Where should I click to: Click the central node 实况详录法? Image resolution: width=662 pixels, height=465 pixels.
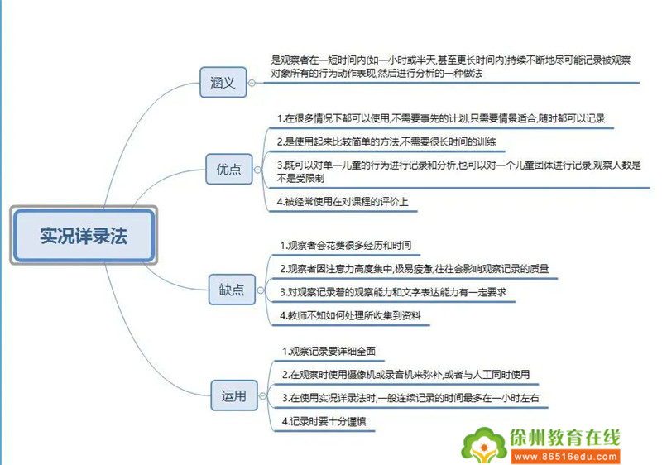pyautogui.click(x=84, y=236)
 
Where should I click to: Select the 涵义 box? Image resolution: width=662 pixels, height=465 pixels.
pyautogui.click(x=223, y=82)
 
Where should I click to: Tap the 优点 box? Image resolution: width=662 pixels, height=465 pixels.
pyautogui.click(x=229, y=170)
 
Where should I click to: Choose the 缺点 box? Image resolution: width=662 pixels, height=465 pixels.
pyautogui.click(x=232, y=290)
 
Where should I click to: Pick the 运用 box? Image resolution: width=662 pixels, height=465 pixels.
pyautogui.click(x=234, y=395)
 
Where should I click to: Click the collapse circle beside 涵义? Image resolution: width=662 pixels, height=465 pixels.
pyautogui.click(x=252, y=83)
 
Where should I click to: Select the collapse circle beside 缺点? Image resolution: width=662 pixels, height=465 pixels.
pyautogui.click(x=261, y=290)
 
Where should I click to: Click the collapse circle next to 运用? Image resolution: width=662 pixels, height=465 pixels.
pyautogui.click(x=262, y=395)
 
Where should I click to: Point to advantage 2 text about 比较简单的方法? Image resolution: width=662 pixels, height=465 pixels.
pyautogui.click(x=386, y=141)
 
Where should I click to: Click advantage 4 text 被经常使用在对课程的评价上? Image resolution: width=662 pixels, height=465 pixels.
pyautogui.click(x=343, y=202)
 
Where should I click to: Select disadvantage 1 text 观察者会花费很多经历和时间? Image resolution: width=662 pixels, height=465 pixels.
pyautogui.click(x=345, y=245)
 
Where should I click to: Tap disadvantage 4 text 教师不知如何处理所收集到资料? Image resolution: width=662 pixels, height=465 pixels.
pyautogui.click(x=350, y=315)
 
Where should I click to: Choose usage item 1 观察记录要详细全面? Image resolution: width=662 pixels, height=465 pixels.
pyautogui.click(x=329, y=351)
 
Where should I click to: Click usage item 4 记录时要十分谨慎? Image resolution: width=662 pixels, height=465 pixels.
pyautogui.click(x=324, y=421)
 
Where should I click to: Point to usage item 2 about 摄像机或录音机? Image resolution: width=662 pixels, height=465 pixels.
pyautogui.click(x=405, y=374)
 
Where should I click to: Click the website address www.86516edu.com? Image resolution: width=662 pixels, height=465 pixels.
pyautogui.click(x=566, y=457)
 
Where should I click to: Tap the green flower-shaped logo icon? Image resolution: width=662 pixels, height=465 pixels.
pyautogui.click(x=484, y=446)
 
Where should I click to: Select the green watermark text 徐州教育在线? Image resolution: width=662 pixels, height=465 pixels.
pyautogui.click(x=565, y=438)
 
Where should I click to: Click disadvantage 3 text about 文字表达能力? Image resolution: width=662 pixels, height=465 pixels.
pyautogui.click(x=393, y=292)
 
